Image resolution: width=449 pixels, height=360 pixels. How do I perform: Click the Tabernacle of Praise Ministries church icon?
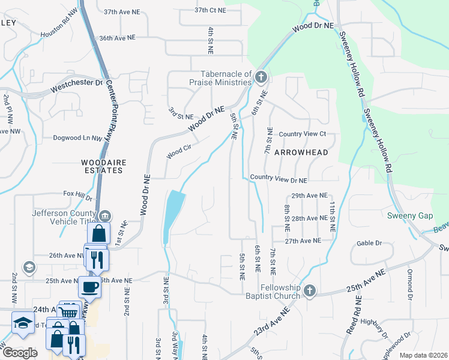[x=260, y=77]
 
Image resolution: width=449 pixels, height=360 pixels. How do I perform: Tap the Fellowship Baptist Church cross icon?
[x=309, y=291]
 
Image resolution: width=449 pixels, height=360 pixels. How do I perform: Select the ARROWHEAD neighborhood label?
[x=301, y=152]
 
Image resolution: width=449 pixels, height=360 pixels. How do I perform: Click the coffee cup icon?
[x=90, y=286]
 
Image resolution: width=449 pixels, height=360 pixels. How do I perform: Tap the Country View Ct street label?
[x=302, y=134]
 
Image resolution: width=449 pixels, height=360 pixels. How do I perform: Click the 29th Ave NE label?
[x=309, y=196]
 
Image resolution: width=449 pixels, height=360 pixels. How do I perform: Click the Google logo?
[x=20, y=353]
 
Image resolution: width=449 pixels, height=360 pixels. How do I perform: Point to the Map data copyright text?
[x=423, y=355]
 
